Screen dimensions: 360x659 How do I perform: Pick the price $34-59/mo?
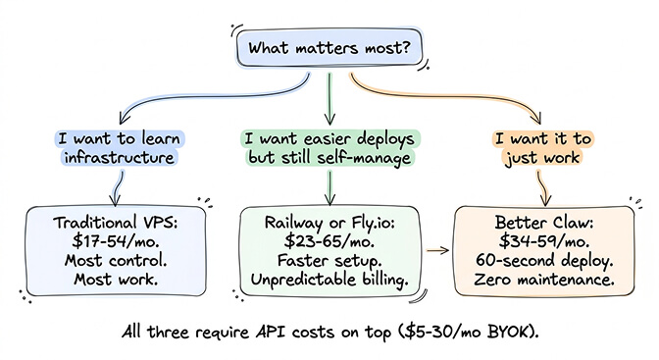[537, 241]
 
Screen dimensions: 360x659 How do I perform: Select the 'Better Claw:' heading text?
[537, 222]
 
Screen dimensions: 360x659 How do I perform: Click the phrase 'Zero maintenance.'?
[537, 282]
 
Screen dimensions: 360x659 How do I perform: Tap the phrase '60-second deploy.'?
[537, 262]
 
